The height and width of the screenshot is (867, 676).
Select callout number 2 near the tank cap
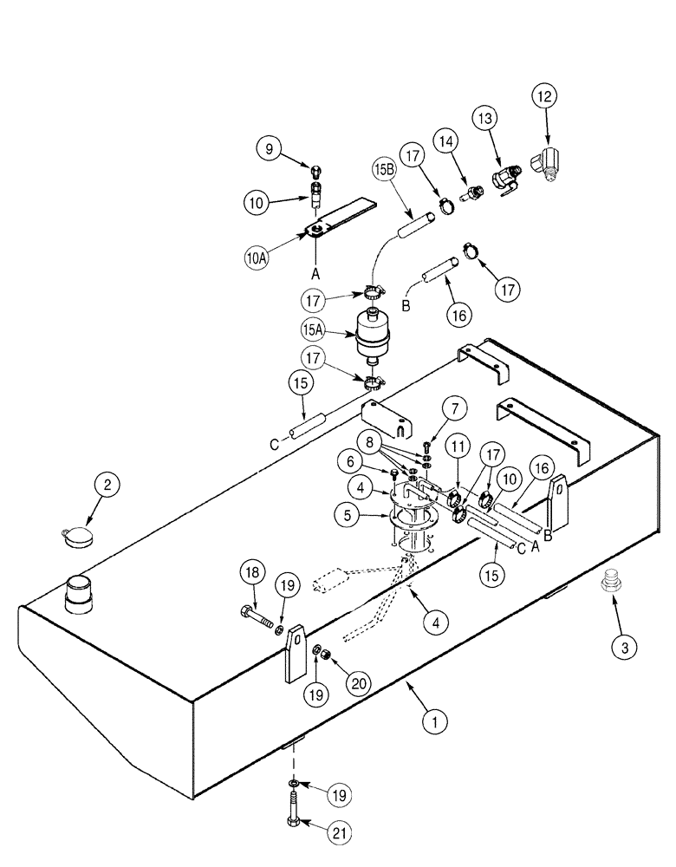107,486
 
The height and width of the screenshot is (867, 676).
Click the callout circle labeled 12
547,95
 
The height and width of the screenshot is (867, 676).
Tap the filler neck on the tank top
79,595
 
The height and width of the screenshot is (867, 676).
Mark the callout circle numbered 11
458,447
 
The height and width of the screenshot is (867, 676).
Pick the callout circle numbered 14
445,140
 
